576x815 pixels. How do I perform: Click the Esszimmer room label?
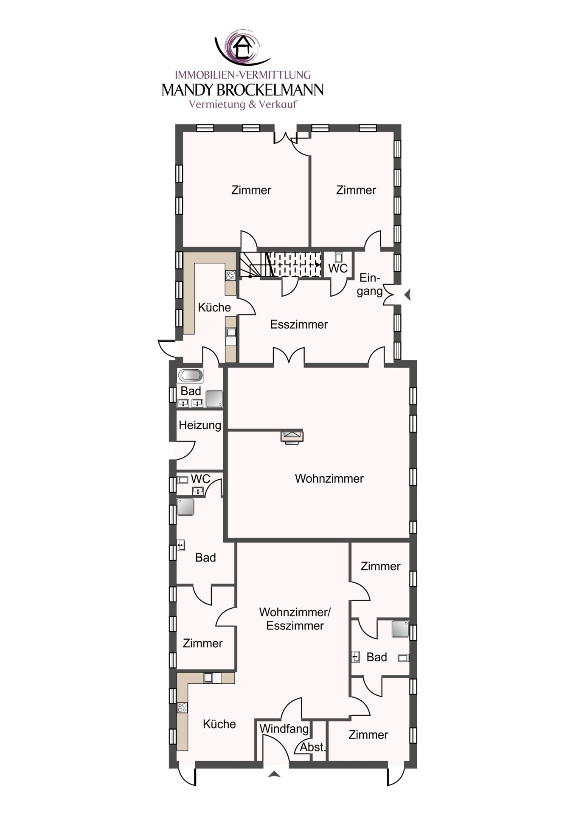click(x=299, y=325)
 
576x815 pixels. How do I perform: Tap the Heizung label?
click(x=200, y=425)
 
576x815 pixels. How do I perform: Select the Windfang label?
click(x=284, y=729)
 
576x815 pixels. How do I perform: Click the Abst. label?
click(x=312, y=747)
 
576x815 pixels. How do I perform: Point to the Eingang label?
click(x=369, y=284)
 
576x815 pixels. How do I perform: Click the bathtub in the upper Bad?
click(x=190, y=375)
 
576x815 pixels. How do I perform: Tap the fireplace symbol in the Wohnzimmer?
click(x=292, y=437)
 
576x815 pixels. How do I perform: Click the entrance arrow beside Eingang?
click(x=407, y=295)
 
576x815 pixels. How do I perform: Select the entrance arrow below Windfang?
click(x=274, y=774)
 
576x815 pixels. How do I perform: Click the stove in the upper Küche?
click(x=230, y=275)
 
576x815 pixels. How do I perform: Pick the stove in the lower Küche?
click(x=183, y=708)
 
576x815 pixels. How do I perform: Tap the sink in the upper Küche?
click(x=230, y=332)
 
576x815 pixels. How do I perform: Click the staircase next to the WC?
click(x=280, y=264)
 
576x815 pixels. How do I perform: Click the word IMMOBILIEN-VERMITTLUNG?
click(x=243, y=75)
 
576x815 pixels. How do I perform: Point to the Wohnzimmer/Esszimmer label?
click(x=295, y=619)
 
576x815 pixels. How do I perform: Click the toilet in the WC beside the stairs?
click(x=338, y=257)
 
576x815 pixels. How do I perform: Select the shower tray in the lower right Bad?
click(x=400, y=629)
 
